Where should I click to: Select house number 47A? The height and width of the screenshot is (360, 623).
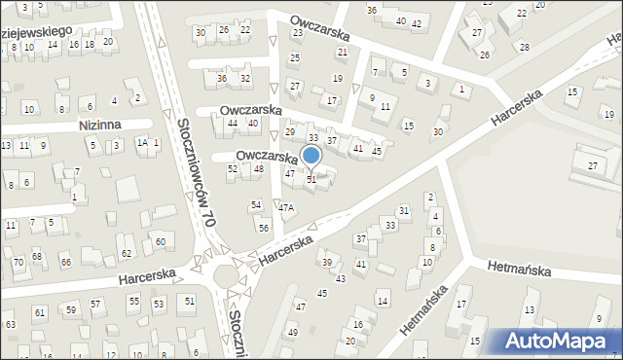coord(285,207)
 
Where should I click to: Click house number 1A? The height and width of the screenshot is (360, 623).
coord(141,143)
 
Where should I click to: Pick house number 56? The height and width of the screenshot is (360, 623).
coord(264,227)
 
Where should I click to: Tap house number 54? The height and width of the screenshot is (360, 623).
coord(256,205)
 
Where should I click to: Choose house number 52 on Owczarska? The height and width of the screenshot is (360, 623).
coord(232,169)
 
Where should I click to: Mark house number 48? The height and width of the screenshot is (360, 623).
coord(258,169)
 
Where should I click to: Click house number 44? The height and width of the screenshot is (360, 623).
coord(232,124)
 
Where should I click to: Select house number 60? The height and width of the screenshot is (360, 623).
coord(160,240)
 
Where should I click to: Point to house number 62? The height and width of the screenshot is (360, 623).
coord(126,253)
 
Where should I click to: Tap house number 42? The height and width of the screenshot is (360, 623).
coord(416,23)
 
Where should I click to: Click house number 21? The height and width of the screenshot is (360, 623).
coord(342,52)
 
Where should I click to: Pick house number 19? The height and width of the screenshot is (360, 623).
coord(337,78)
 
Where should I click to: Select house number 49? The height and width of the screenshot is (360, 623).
coord(292,332)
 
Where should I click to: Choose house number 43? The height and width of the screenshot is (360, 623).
coord(340,279)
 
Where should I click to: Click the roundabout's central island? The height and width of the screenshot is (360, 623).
coord(225,274)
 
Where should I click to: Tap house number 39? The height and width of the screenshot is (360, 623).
coord(327,263)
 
